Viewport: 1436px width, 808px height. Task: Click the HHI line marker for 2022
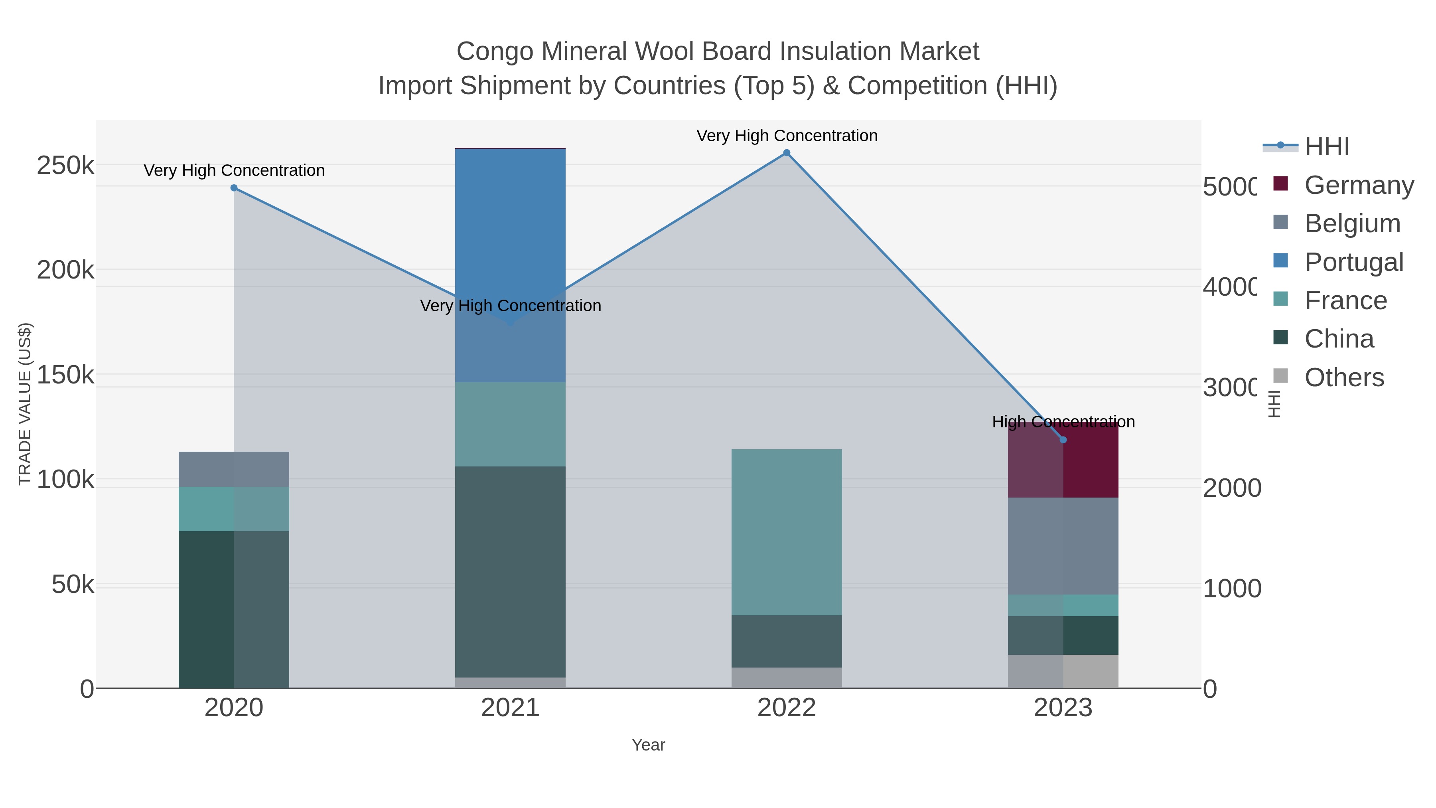pos(787,153)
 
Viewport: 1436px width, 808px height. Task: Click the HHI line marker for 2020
pos(234,188)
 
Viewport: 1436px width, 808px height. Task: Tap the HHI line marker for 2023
pos(1063,440)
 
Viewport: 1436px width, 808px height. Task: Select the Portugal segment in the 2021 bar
pos(510,223)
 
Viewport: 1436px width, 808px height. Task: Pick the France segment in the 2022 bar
pos(787,533)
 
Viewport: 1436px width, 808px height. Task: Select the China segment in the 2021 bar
pos(510,571)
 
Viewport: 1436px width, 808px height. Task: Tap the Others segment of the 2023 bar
pos(1063,672)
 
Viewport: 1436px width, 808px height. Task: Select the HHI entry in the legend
pos(1326,147)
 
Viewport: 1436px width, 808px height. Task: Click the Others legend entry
pos(1343,377)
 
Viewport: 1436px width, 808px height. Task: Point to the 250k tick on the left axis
pos(65,165)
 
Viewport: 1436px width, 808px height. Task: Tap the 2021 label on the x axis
pos(510,708)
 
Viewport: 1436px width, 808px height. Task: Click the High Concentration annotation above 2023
pos(1063,422)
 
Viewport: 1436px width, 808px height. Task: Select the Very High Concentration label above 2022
pos(787,136)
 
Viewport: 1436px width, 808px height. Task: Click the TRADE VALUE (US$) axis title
pos(25,404)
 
